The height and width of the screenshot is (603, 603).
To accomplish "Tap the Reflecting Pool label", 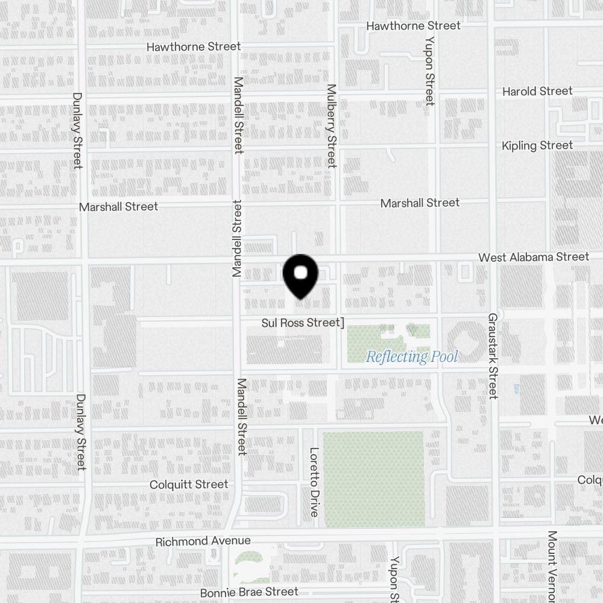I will [x=412, y=356].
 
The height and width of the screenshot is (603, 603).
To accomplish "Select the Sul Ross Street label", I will [x=301, y=323].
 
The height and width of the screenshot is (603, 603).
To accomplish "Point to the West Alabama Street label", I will [x=534, y=257].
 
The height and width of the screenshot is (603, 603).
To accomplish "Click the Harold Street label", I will [x=537, y=91].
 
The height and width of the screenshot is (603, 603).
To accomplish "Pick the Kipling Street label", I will [x=537, y=145].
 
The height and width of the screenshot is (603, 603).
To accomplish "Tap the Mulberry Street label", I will [x=331, y=125].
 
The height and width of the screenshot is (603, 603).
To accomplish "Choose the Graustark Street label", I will [x=493, y=355].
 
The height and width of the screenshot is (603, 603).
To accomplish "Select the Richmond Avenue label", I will [x=203, y=541].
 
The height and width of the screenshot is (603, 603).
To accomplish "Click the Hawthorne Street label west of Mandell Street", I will [x=194, y=46].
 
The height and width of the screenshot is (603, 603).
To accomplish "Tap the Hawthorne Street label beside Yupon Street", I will [x=413, y=26].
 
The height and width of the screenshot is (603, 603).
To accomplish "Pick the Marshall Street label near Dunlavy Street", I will [x=118, y=206].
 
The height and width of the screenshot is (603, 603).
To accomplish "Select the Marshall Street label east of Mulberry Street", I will [x=420, y=203].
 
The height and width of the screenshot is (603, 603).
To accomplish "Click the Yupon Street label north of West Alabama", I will [x=429, y=71].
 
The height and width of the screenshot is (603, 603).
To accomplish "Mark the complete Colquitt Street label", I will [x=189, y=484].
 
